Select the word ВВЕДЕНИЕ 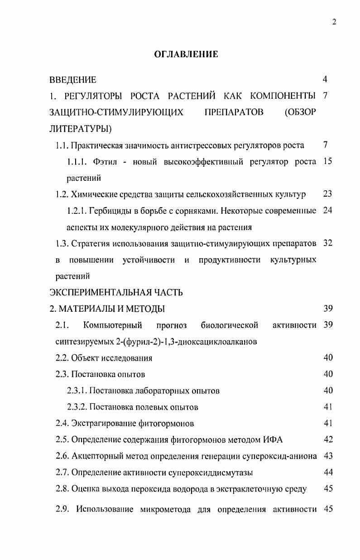[73, 80]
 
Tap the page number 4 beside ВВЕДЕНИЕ [325, 80]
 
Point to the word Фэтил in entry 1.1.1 [105, 162]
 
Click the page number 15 [328, 162]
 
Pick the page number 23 [328, 194]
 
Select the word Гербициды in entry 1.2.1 [111, 211]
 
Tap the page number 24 [328, 211]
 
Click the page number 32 [328, 243]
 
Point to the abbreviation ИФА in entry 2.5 [274, 439]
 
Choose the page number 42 [328, 439]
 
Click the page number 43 [328, 456]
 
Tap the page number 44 [328, 472]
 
